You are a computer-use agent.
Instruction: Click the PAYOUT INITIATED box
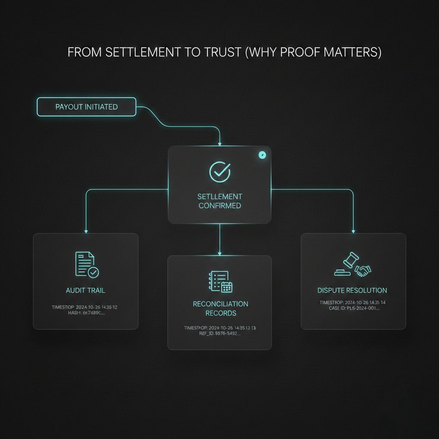[86, 107]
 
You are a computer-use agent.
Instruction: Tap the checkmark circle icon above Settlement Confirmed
[219, 171]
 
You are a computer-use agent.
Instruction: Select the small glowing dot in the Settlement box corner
[262, 155]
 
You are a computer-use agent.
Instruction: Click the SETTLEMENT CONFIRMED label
[219, 201]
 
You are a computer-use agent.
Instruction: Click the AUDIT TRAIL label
[85, 290]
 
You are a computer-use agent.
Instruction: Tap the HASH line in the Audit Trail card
[85, 313]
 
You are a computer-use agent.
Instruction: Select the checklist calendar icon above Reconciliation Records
[220, 281]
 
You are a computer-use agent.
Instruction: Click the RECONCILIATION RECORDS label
[220, 308]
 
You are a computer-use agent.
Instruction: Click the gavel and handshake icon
[352, 266]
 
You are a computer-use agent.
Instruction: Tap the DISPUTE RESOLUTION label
[352, 290]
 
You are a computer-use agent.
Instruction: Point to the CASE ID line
[352, 308]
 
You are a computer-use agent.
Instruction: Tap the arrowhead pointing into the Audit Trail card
[86, 231]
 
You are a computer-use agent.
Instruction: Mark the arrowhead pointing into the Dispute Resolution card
[353, 231]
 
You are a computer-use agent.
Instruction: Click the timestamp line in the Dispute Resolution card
[352, 302]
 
